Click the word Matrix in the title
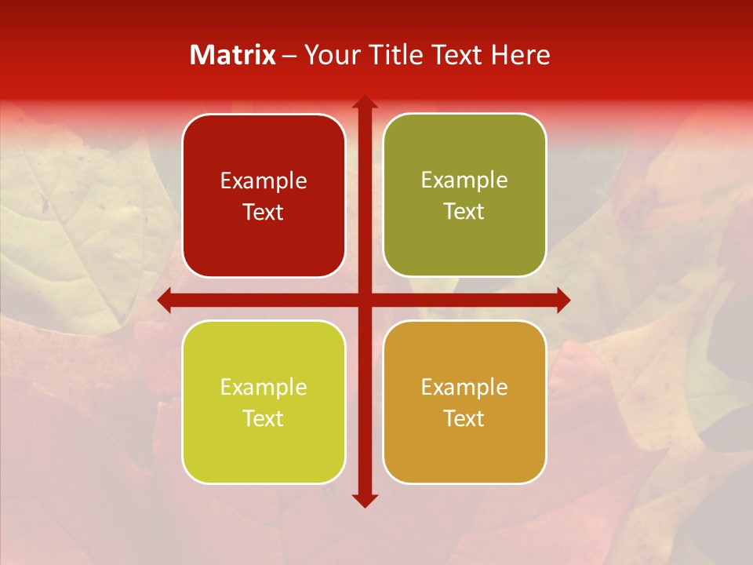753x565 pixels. (x=233, y=55)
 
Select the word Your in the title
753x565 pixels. (x=328, y=55)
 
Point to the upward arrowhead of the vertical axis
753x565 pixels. (x=364, y=102)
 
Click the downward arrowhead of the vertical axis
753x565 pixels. (x=364, y=501)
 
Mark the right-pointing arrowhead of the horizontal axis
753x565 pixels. (x=562, y=300)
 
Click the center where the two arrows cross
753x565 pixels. (x=364, y=300)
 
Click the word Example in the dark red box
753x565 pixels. (x=264, y=181)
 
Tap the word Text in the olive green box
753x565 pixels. (x=464, y=212)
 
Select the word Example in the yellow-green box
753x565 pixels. (x=264, y=388)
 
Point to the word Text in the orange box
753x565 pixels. (x=464, y=418)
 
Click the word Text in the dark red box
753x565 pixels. (x=264, y=213)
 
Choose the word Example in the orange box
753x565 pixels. (x=464, y=387)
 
